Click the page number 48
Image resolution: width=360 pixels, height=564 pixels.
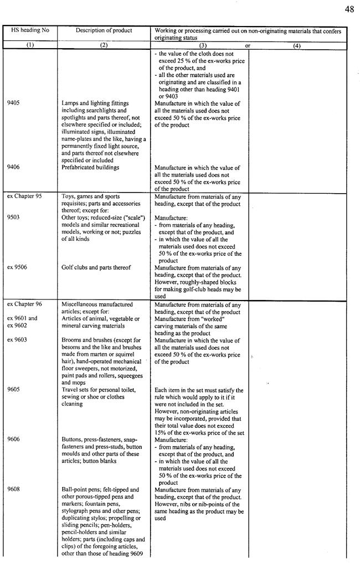(x=349, y=9)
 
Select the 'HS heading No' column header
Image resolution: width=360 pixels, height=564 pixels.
(x=30, y=30)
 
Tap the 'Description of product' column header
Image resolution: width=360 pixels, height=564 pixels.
(x=104, y=30)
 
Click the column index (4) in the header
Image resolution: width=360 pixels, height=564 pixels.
(x=297, y=46)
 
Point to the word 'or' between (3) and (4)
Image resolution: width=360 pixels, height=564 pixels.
(x=248, y=46)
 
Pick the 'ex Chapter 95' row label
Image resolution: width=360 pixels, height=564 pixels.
(x=24, y=196)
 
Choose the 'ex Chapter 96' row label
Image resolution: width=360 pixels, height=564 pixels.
(x=24, y=304)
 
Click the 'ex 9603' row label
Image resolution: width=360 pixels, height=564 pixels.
(x=18, y=340)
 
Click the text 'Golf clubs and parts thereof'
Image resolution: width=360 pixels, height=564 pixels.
(x=96, y=268)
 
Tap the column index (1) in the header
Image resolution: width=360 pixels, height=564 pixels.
(x=30, y=46)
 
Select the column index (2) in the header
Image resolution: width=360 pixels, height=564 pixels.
(x=104, y=46)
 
